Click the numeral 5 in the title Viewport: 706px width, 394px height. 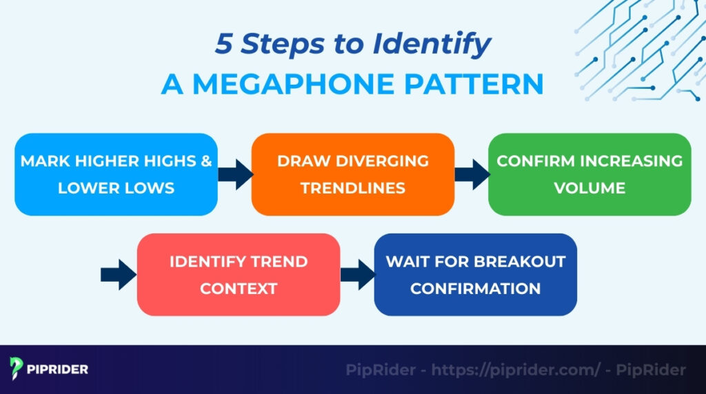click(x=225, y=44)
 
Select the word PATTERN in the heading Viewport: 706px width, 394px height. click(x=475, y=83)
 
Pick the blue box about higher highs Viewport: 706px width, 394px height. click(x=116, y=174)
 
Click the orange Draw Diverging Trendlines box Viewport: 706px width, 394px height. click(x=352, y=174)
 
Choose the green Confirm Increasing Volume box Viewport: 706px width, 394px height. click(x=589, y=174)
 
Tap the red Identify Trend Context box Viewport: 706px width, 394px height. click(x=239, y=274)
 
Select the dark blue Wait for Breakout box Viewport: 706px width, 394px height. click(x=475, y=274)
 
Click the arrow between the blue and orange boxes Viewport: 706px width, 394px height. click(x=234, y=174)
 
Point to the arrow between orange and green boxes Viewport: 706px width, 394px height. click(x=472, y=174)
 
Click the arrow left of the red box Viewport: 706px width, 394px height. click(x=118, y=275)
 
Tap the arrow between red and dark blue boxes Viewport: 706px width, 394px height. click(x=357, y=275)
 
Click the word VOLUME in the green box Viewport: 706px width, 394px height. click(x=589, y=187)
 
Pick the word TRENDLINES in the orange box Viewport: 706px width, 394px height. click(x=352, y=187)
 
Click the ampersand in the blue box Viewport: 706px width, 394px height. click(x=205, y=160)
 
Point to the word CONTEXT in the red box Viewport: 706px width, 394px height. click(x=239, y=288)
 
